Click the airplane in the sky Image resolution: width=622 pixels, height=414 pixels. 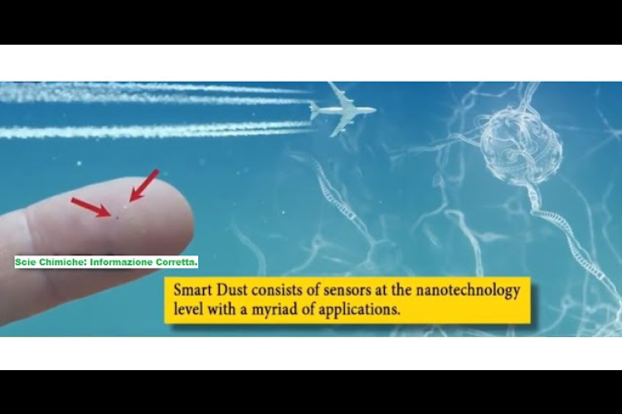click(343, 110)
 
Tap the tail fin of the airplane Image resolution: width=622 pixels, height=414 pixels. click(313, 110)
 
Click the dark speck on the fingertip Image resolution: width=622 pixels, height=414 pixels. click(117, 217)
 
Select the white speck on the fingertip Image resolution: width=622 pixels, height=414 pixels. click(126, 206)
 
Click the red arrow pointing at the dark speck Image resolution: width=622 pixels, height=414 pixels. click(91, 207)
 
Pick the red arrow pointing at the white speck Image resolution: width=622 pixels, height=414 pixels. click(144, 185)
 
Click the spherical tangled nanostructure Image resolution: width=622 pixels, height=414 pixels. click(521, 147)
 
